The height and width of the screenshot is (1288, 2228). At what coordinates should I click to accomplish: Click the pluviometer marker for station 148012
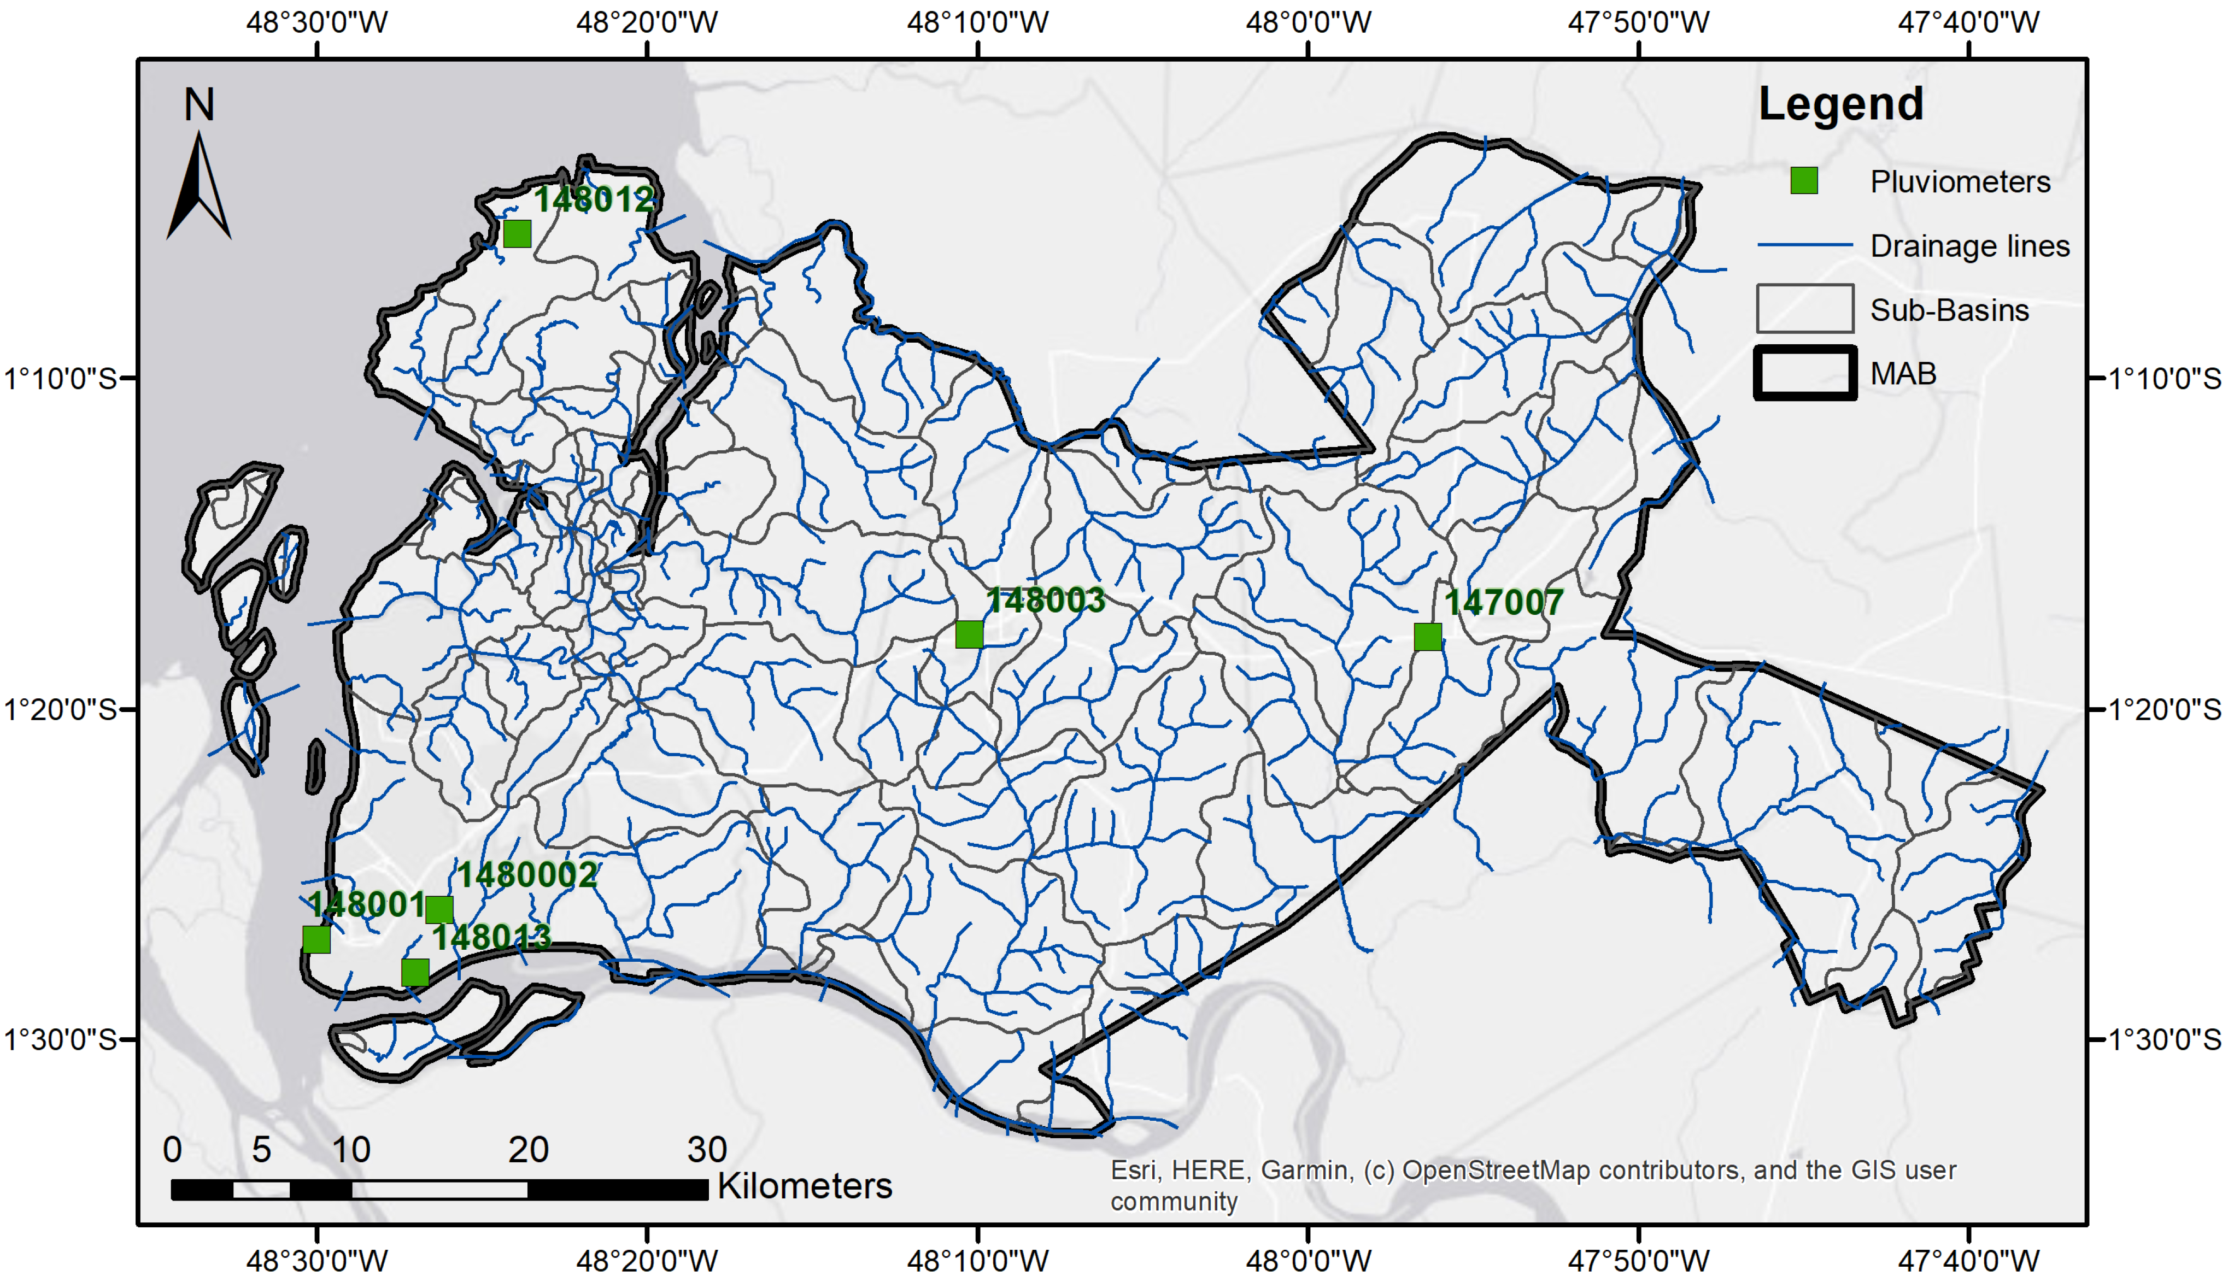[x=517, y=234]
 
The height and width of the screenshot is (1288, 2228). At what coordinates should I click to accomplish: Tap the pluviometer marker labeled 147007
[x=1428, y=637]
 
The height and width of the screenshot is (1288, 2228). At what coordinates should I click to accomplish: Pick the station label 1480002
[x=527, y=875]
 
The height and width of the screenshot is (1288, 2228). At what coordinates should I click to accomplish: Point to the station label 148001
[x=366, y=904]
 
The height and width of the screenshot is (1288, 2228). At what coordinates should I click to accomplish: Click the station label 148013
[x=491, y=937]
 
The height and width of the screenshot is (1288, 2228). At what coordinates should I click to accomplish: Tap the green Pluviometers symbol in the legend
[x=1804, y=181]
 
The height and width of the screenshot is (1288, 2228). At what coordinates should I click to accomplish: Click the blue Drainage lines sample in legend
[x=1804, y=245]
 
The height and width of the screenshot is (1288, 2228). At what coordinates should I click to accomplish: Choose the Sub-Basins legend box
[x=1804, y=309]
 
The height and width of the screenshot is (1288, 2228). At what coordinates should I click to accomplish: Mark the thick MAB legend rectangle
[x=1804, y=373]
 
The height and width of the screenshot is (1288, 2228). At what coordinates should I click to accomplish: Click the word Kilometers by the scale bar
[x=805, y=1185]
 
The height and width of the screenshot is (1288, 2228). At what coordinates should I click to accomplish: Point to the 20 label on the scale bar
[x=529, y=1149]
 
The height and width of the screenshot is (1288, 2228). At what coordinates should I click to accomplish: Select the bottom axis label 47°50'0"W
[x=1638, y=1261]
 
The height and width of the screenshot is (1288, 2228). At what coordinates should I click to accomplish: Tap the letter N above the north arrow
[x=199, y=105]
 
